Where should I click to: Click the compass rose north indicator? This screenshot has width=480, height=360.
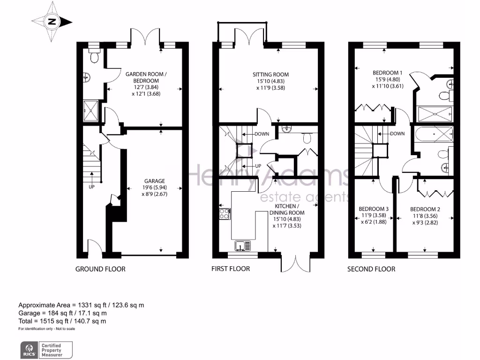(52, 22)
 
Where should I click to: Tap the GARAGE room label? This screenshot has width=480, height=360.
(155, 181)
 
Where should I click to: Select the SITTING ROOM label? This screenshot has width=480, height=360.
(270, 75)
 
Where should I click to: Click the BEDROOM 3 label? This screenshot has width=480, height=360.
(374, 209)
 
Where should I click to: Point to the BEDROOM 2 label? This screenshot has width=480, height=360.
(425, 210)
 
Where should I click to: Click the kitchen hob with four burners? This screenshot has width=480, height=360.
(225, 214)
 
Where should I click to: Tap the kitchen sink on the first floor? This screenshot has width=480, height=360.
(242, 246)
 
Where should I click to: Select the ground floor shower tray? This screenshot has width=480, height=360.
(90, 111)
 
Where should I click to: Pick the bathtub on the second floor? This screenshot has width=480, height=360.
(434, 134)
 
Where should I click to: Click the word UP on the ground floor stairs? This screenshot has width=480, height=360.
(91, 187)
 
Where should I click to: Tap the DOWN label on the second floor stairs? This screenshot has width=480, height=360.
(397, 134)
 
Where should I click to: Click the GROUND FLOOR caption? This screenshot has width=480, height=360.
(100, 269)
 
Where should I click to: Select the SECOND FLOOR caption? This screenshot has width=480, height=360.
(371, 269)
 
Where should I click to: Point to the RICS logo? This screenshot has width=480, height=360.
(30, 350)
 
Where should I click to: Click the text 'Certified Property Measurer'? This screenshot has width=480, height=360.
(52, 350)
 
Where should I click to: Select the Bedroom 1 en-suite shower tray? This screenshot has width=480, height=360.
(435, 114)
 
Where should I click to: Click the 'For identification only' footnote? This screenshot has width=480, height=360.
(46, 329)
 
